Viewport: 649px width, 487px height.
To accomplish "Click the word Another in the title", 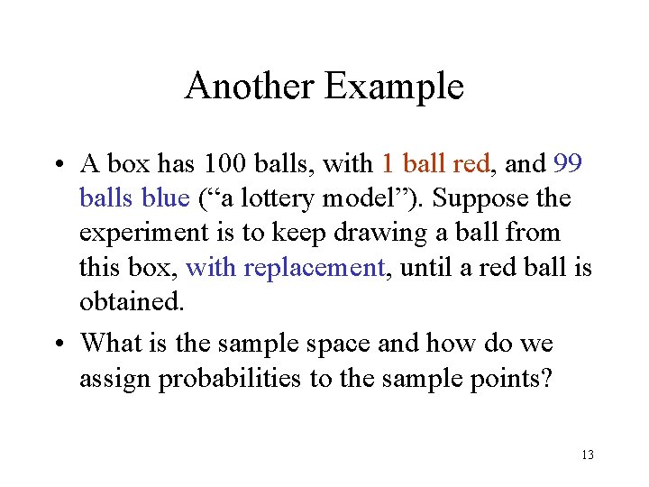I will click(250, 87).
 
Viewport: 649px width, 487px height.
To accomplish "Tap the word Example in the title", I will click(394, 87).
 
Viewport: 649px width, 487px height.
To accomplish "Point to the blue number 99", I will click(568, 164).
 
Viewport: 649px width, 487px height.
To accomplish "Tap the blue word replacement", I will click(327, 267).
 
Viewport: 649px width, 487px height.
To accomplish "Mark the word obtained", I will click(132, 301).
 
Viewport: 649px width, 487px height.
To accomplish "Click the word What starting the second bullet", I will click(113, 344).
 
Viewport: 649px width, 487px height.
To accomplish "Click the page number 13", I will click(588, 455).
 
